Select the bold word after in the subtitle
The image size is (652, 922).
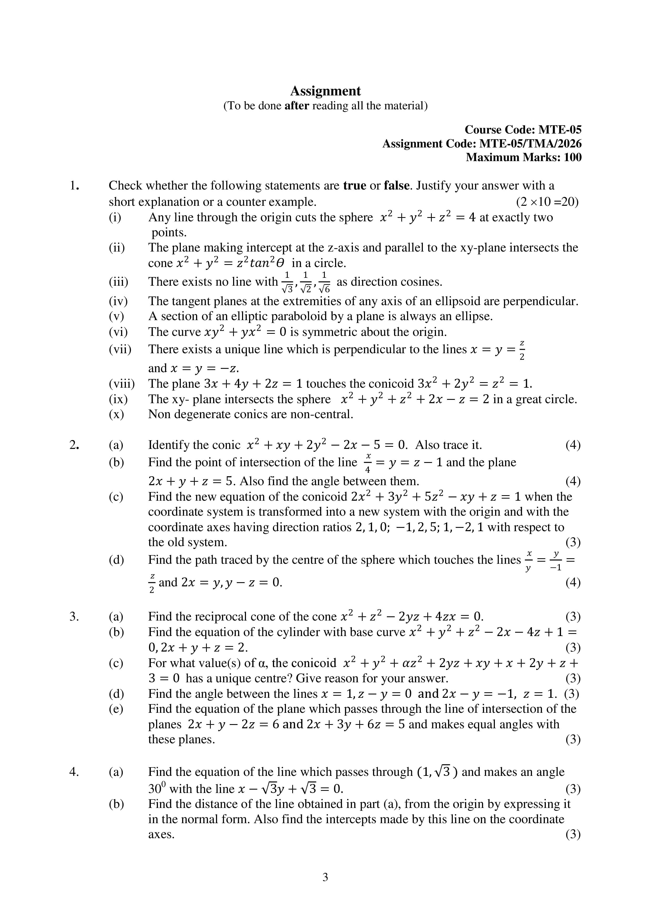[x=296, y=106]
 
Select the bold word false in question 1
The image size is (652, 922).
[x=397, y=186]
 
